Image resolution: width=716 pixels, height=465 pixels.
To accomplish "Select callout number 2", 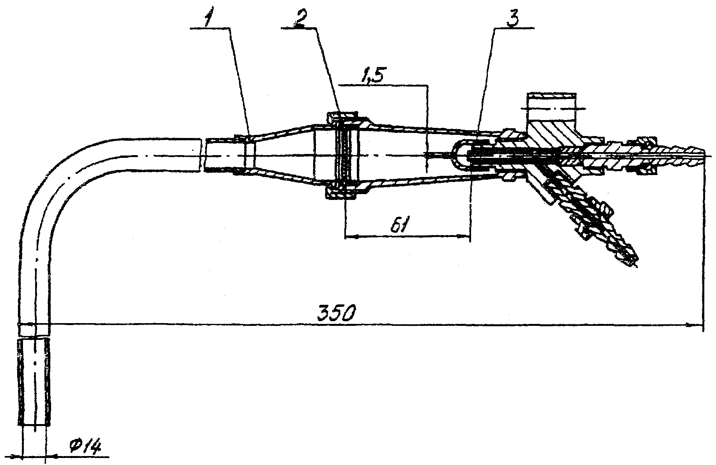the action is tap(299, 19).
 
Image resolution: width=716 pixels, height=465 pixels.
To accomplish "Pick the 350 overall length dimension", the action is tap(337, 314).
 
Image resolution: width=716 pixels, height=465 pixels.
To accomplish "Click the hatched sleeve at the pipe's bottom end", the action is tap(34, 382).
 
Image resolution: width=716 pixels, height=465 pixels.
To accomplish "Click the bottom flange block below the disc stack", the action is tap(342, 194).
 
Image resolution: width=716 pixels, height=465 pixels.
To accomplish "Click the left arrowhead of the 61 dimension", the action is tap(348, 236).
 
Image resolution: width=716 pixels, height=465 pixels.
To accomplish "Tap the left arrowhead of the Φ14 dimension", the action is tap(16, 456).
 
